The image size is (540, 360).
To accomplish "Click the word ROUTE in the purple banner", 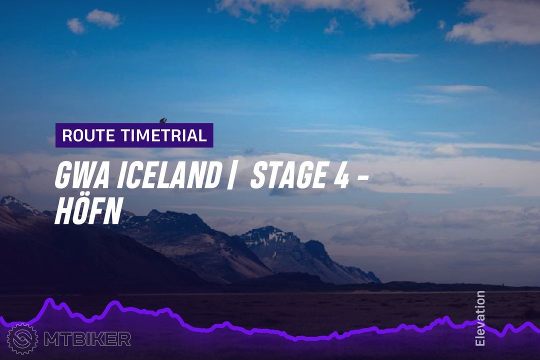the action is (x=88, y=135).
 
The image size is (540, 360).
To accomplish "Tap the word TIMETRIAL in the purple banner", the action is (x=162, y=135).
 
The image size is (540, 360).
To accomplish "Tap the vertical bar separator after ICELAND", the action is (x=230, y=176).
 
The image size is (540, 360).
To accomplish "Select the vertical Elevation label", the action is (x=479, y=318).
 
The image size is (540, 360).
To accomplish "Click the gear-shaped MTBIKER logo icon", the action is (x=22, y=339).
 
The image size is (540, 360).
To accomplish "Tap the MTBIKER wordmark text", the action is (x=87, y=339).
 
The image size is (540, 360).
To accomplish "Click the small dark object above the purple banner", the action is (x=163, y=120).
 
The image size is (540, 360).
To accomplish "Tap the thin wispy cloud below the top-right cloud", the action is (x=393, y=57).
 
